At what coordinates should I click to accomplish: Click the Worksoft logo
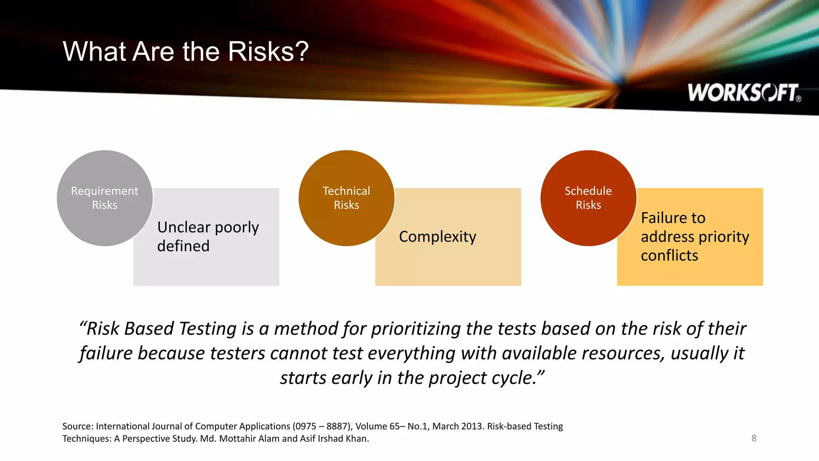click(744, 93)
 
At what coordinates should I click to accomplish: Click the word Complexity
click(437, 237)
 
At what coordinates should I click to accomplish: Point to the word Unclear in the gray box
click(184, 227)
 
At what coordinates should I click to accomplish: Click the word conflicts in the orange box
click(669, 256)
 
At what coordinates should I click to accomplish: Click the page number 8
click(754, 438)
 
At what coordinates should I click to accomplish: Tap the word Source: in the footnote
click(78, 427)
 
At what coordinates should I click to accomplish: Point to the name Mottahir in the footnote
click(238, 439)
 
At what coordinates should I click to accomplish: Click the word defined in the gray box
click(183, 246)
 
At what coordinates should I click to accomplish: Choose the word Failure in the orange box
click(673, 218)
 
